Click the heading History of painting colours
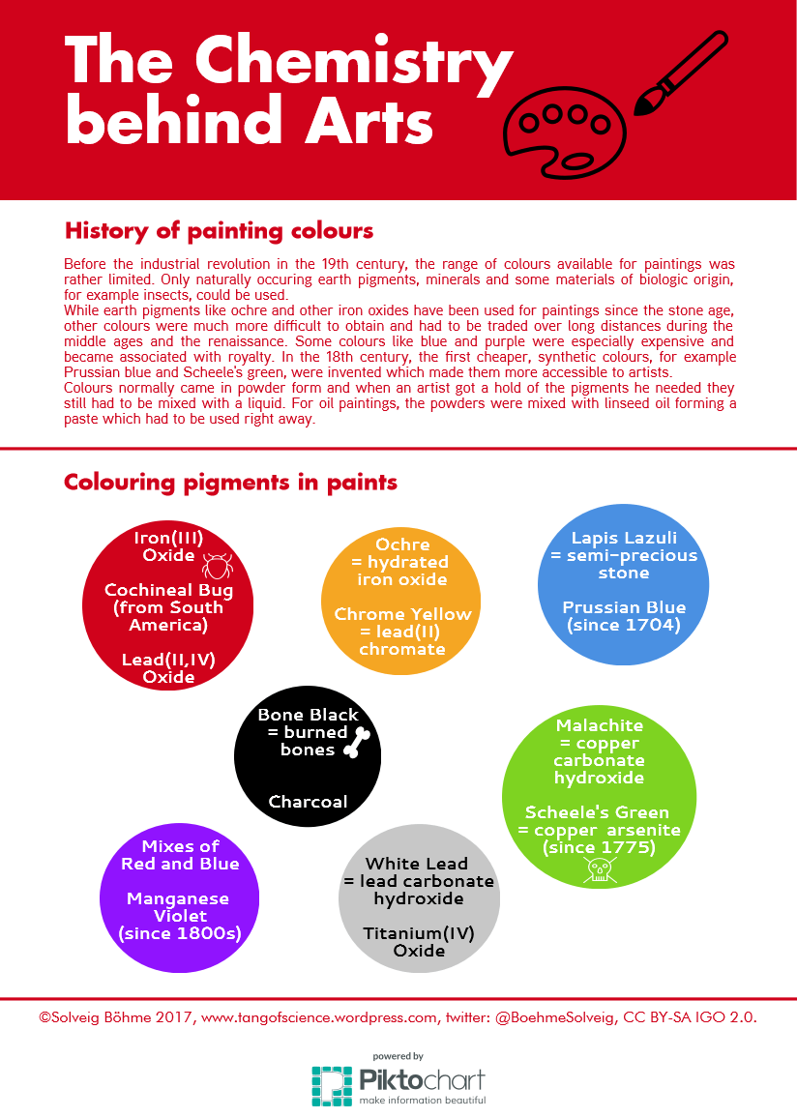click(219, 231)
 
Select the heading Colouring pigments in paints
click(230, 482)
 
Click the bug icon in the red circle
click(216, 562)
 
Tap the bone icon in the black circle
click(358, 742)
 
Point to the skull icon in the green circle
click(598, 870)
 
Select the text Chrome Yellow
click(402, 614)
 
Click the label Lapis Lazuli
click(624, 538)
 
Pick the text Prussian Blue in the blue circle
click(624, 607)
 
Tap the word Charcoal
click(308, 802)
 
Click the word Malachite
click(600, 725)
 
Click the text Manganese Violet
click(179, 907)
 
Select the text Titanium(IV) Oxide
click(418, 942)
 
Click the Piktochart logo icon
click(332, 1086)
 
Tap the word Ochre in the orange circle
click(402, 544)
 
